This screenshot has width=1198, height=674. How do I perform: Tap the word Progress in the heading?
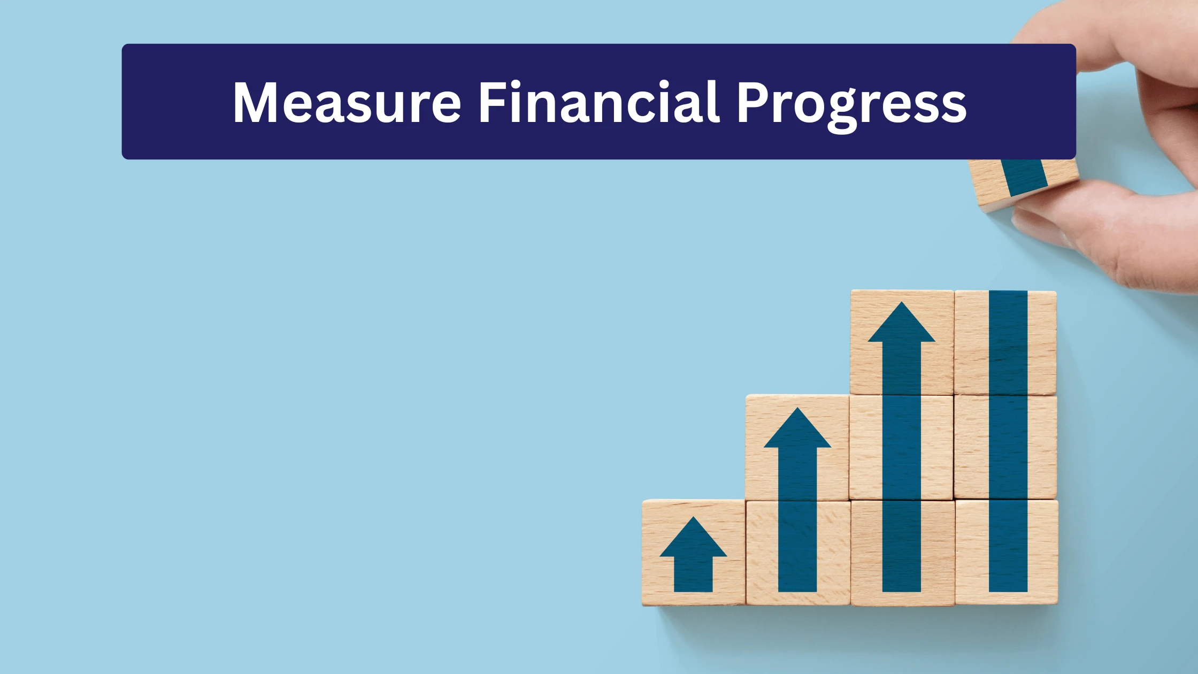point(851,106)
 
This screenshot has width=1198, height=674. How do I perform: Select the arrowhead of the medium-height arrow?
point(797,428)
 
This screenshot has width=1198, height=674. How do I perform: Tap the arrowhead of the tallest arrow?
point(902,322)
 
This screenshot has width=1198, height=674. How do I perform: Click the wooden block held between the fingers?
point(1024,182)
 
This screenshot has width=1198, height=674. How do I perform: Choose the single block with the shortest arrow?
point(694,553)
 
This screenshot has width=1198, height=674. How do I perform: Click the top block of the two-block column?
point(797,448)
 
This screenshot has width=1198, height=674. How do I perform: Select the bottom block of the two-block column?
point(798,553)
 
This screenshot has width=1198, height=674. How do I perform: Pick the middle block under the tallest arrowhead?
point(901,448)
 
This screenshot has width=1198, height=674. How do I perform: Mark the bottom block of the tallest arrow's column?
point(902,553)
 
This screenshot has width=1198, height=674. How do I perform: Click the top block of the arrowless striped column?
point(1005,342)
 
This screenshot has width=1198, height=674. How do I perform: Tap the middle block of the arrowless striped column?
point(1005,447)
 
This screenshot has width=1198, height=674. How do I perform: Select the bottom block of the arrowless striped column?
point(1007,552)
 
